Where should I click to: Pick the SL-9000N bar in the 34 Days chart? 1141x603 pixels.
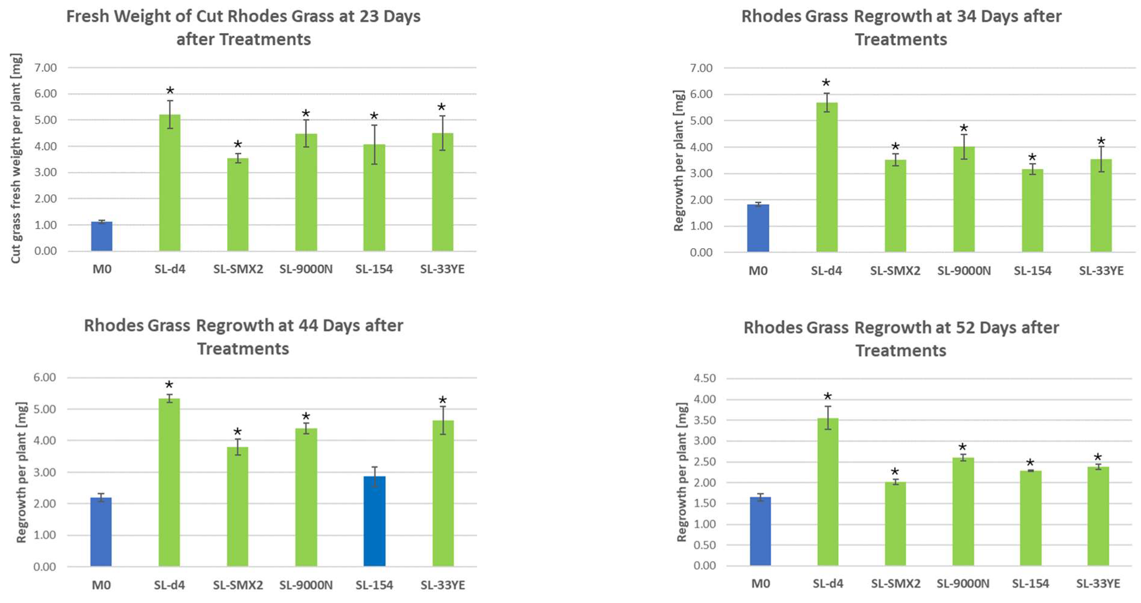[964, 199]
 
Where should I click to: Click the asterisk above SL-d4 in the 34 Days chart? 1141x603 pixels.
[826, 83]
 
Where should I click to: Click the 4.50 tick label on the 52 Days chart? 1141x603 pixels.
[704, 378]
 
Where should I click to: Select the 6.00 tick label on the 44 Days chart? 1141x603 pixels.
[44, 377]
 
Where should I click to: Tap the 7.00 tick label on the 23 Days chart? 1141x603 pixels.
[45, 68]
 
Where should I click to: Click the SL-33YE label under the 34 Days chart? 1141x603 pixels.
[1101, 271]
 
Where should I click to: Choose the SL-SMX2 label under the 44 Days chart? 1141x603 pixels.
[238, 585]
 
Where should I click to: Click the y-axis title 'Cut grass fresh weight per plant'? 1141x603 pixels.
[16, 159]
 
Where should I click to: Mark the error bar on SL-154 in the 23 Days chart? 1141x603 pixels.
[374, 144]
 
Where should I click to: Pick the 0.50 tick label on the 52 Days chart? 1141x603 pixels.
[704, 545]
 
